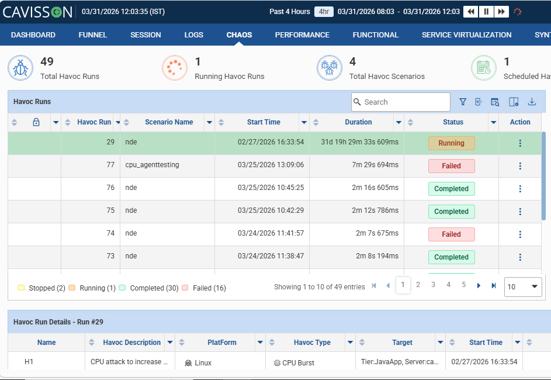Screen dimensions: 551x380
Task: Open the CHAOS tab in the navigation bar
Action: click(239, 35)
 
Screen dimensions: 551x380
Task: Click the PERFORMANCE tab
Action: click(302, 35)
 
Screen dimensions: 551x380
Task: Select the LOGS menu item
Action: click(193, 35)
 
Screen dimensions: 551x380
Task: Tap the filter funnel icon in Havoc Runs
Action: click(463, 102)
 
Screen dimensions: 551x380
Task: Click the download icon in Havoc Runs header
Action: click(532, 102)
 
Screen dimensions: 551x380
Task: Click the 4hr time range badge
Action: click(324, 12)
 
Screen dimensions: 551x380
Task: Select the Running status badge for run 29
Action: click(451, 143)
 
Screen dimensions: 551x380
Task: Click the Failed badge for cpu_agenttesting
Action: click(451, 166)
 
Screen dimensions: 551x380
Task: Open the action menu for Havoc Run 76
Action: click(520, 189)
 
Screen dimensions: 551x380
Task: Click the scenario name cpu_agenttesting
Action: click(152, 165)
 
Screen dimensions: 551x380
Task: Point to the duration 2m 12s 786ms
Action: click(375, 210)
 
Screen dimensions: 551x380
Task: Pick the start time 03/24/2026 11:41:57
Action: click(271, 233)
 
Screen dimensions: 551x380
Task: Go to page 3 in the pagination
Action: click(434, 284)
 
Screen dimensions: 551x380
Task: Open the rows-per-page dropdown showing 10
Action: click(523, 286)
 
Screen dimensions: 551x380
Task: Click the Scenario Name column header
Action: click(169, 122)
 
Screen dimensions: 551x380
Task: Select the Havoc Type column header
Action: click(312, 343)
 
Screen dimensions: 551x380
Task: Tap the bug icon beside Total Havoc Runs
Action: click(20, 68)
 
